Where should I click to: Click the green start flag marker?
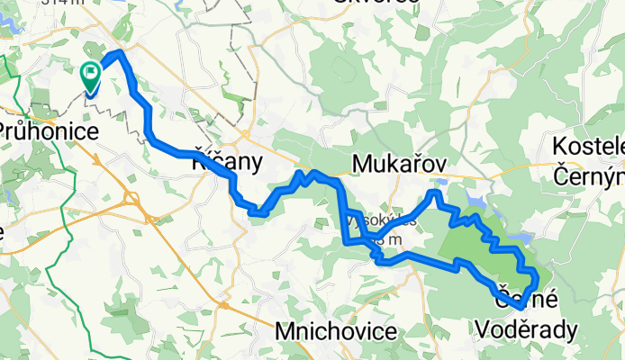click(92, 76)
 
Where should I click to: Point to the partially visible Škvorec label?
click(376, 3)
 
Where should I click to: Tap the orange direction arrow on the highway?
click(97, 161)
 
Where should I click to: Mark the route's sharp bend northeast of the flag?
click(118, 54)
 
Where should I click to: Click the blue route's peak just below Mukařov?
click(436, 193)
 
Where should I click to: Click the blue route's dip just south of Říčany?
click(258, 212)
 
